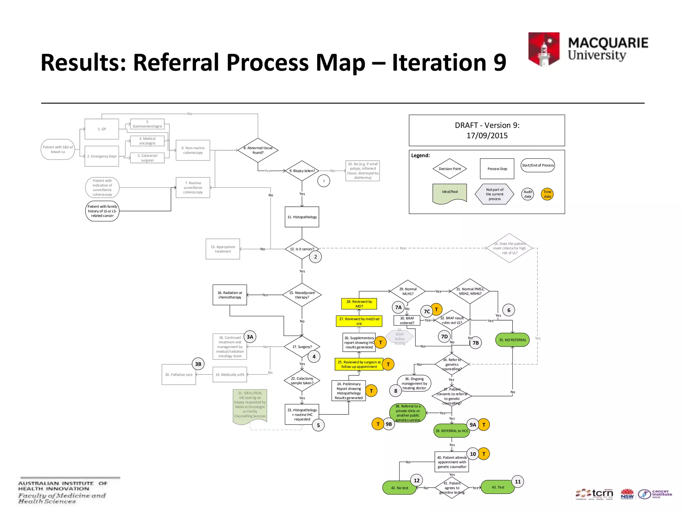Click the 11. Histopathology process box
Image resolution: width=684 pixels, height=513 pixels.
coord(302,217)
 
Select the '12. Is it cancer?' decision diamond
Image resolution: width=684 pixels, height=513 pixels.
coord(302,249)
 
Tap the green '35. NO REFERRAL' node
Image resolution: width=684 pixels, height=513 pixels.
coord(512,340)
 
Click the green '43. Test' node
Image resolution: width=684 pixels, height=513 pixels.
coord(498,487)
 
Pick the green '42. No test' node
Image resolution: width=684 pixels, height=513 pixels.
coord(399,488)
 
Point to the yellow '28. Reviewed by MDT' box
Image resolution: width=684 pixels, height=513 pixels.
coord(359,304)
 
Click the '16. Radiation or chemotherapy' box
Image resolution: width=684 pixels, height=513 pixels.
coord(229,295)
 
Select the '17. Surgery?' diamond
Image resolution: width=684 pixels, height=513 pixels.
coord(302,347)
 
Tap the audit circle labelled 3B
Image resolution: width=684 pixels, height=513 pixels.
coord(198,364)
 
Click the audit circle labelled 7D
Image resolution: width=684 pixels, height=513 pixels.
coord(444,336)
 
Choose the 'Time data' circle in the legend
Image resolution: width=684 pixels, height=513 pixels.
coord(547,194)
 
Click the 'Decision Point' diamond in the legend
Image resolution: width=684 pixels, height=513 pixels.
coord(450,169)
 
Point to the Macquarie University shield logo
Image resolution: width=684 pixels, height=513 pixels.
coord(544,49)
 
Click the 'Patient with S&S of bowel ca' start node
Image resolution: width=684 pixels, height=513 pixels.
coord(57,149)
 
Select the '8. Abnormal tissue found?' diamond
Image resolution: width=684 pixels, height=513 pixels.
coord(258,150)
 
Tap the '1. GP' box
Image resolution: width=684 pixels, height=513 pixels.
coord(102,129)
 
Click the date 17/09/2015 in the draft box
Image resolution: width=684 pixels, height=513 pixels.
coord(487,136)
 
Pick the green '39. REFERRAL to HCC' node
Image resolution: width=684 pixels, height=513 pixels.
coord(452,431)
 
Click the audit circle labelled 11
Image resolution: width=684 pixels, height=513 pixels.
coord(518,482)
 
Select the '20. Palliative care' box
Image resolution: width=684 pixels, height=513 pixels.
coord(179,374)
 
